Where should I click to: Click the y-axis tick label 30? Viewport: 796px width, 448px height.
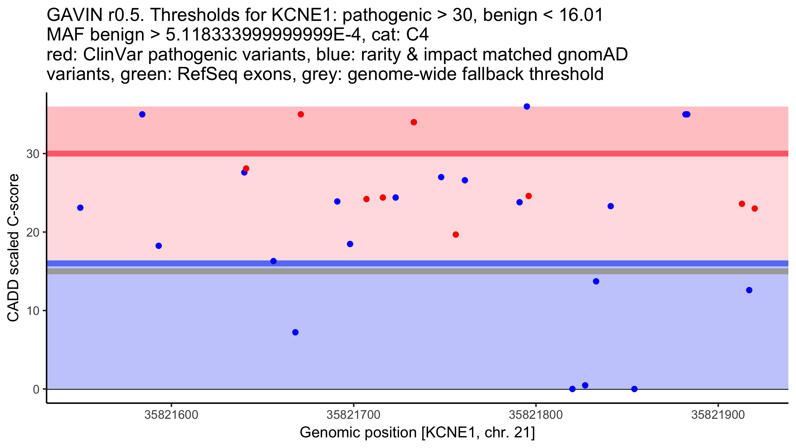pos(32,154)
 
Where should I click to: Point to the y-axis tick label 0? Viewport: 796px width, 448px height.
pos(36,389)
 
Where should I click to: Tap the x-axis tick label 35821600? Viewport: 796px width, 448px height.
pos(171,415)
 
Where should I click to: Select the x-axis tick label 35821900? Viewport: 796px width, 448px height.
pos(718,415)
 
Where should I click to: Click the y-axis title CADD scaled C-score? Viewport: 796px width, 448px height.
pos(13,248)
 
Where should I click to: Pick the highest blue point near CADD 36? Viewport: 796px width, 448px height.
pos(527,107)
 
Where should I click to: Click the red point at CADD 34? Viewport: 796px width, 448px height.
pos(414,122)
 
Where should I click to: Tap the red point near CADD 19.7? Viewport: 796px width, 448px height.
pos(456,235)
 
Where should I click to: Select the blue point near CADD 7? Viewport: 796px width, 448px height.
pos(295,333)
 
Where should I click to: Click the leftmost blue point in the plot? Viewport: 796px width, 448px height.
pos(80,208)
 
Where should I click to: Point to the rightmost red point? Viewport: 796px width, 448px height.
pos(755,209)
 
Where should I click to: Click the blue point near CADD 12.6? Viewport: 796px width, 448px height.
pos(749,290)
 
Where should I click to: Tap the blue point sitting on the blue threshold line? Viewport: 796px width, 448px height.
pos(273,261)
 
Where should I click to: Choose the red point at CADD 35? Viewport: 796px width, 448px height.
pos(301,114)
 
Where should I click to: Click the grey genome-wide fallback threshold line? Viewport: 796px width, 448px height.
pos(418,271)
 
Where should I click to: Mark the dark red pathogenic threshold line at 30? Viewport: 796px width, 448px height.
pos(418,154)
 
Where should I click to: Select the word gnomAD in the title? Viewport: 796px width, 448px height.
pos(593,54)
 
